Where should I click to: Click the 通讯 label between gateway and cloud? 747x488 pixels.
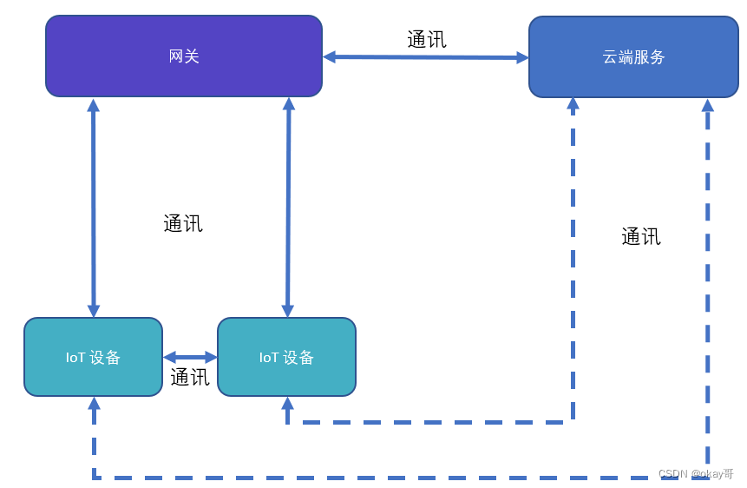[x=427, y=39]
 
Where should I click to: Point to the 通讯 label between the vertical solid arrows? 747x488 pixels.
[x=183, y=223]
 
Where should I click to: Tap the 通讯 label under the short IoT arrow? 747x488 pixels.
[x=190, y=377]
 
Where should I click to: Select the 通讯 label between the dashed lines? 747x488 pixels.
[x=641, y=236]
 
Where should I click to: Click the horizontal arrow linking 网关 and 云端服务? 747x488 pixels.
[x=425, y=57]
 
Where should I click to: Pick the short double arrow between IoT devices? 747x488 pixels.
[x=190, y=357]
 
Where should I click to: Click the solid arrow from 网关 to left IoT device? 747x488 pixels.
[x=94, y=208]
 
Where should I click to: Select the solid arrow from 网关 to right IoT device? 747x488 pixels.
[x=288, y=208]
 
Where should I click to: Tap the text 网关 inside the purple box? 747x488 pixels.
[x=184, y=56]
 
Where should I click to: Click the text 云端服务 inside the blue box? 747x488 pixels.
[x=634, y=57]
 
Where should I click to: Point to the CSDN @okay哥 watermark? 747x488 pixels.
[x=696, y=474]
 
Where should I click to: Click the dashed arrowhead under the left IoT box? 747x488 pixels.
[x=94, y=404]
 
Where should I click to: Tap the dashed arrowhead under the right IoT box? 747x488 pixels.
[x=287, y=404]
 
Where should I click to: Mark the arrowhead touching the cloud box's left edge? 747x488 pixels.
[x=522, y=58]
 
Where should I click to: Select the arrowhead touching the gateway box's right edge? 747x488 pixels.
[x=330, y=56]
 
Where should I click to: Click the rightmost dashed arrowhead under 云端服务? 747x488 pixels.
[x=708, y=105]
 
